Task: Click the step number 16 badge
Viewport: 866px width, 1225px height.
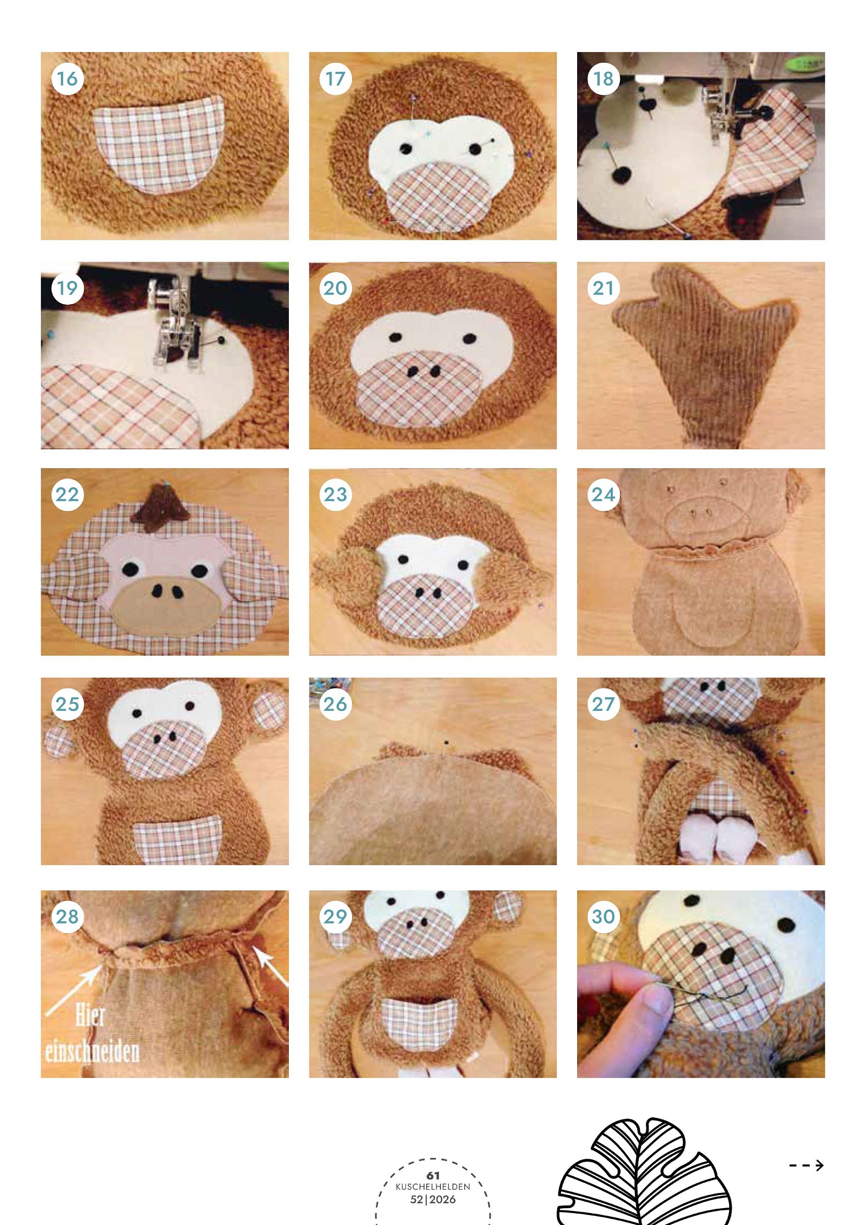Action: click(x=68, y=79)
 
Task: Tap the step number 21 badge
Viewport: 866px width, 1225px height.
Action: click(x=604, y=289)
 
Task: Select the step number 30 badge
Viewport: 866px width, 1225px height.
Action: click(x=604, y=917)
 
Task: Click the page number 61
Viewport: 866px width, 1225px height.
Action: click(x=433, y=1175)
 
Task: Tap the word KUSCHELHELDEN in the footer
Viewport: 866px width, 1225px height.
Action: click(x=433, y=1187)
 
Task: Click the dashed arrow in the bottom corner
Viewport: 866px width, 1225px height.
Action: click(x=806, y=1165)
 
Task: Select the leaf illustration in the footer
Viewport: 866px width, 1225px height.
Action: click(x=644, y=1172)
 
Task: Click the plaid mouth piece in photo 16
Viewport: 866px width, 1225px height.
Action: click(x=160, y=144)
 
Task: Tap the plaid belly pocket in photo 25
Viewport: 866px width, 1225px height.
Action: click(x=177, y=840)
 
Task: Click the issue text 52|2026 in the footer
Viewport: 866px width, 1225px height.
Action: click(x=433, y=1200)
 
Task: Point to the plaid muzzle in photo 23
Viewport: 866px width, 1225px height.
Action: click(x=426, y=607)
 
